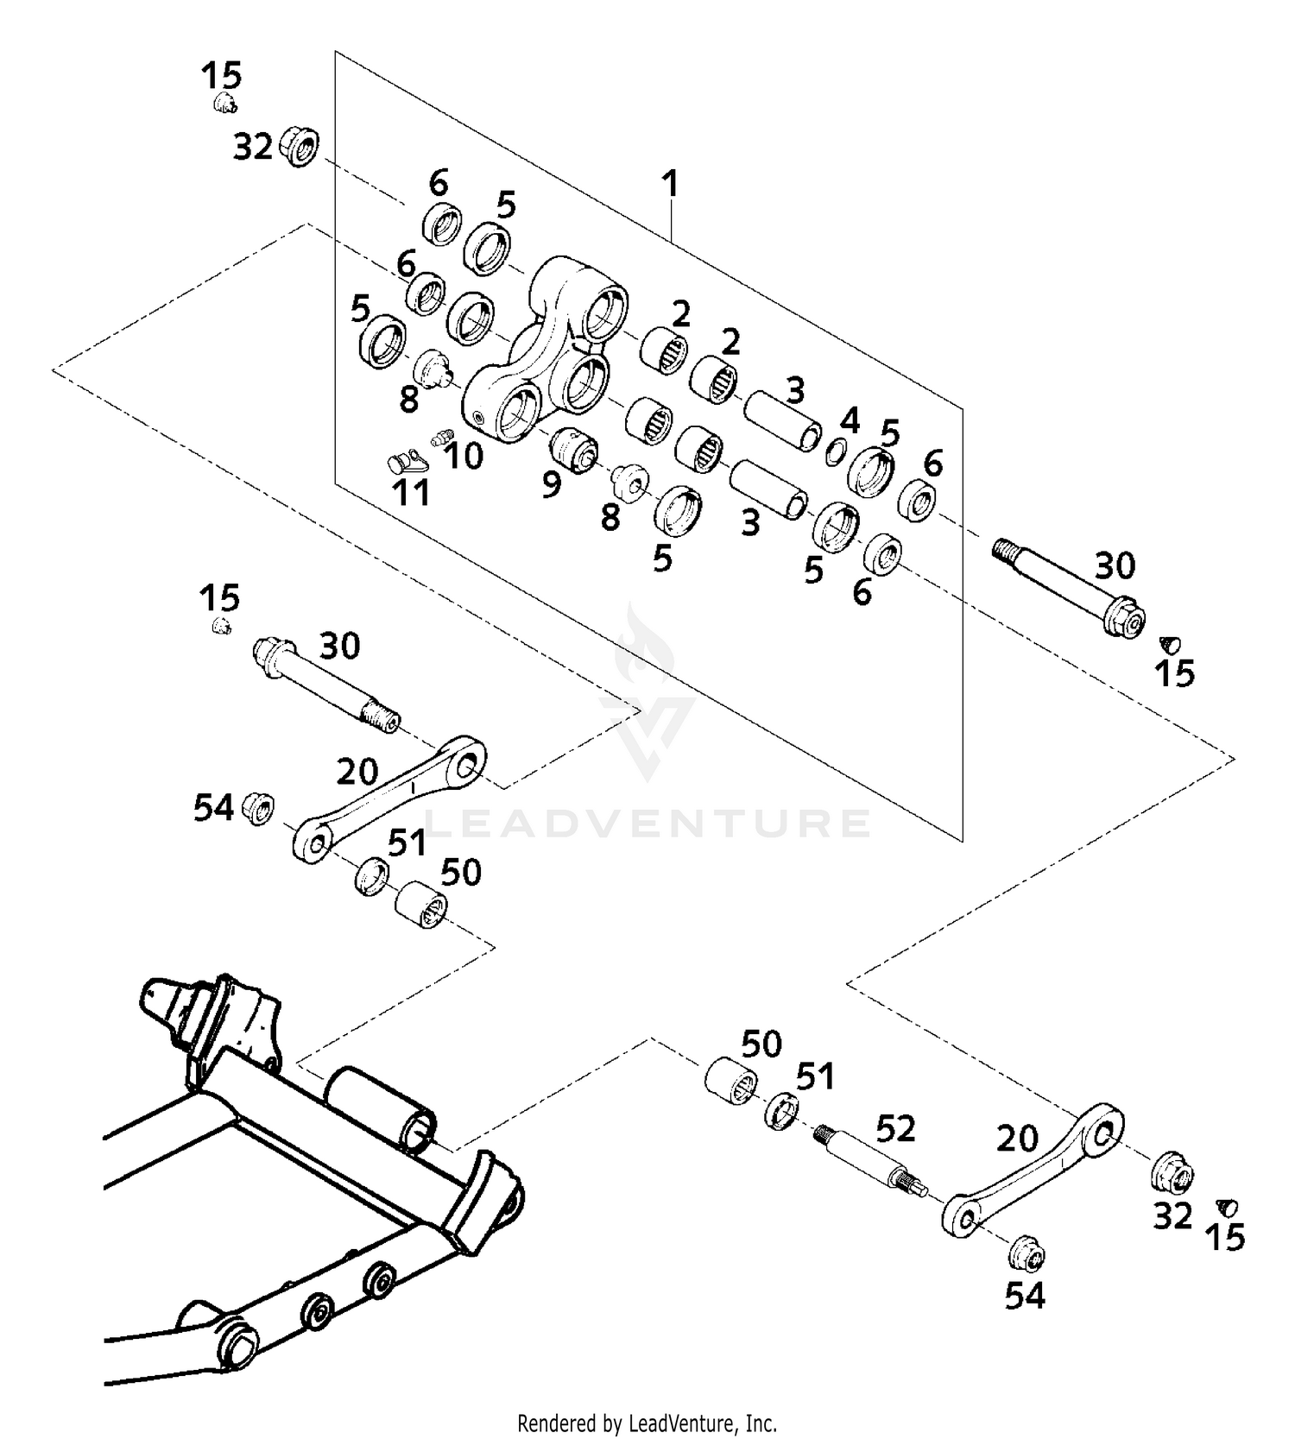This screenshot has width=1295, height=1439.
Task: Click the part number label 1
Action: click(670, 183)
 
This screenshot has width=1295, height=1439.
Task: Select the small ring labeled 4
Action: click(835, 451)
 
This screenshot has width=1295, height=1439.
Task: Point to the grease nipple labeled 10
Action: click(440, 438)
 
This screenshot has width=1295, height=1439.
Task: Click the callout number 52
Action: click(895, 1127)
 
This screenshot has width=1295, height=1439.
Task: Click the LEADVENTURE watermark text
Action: click(647, 823)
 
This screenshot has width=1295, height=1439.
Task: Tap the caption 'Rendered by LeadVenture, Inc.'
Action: click(647, 1422)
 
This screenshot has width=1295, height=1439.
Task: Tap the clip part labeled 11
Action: click(404, 463)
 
